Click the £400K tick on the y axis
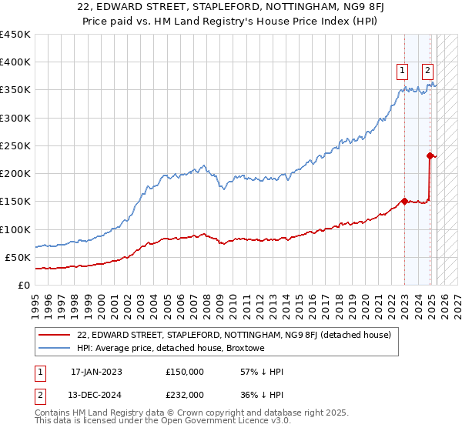pyautogui.click(x=15, y=62)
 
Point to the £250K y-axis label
pyautogui.click(x=15, y=145)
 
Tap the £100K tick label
pyautogui.click(x=15, y=229)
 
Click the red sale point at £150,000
pyautogui.click(x=404, y=202)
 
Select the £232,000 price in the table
pyautogui.click(x=185, y=393)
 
